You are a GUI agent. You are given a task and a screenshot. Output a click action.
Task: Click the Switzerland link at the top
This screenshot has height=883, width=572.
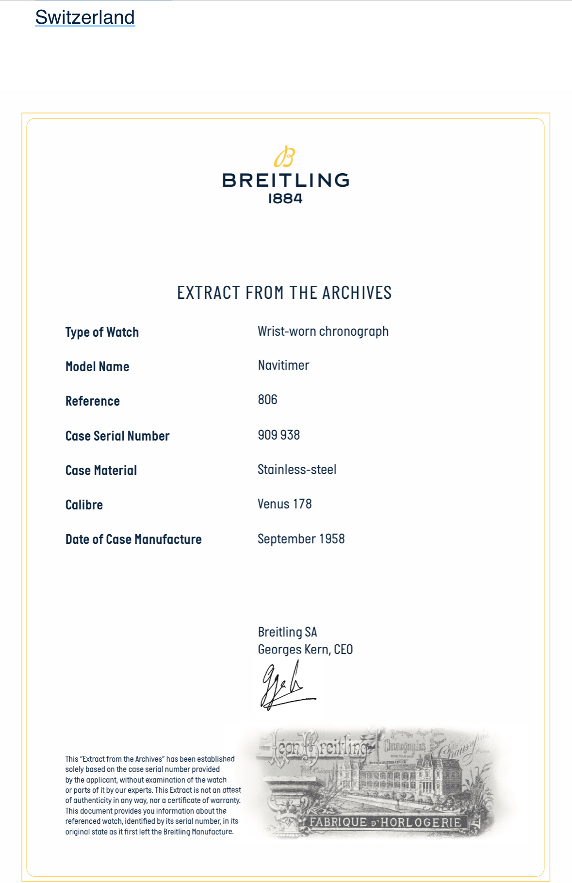tap(85, 17)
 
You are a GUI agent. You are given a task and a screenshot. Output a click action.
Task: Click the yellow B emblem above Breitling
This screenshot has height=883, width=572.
tap(285, 157)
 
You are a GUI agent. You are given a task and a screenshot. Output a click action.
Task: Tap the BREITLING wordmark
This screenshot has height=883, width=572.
tap(286, 180)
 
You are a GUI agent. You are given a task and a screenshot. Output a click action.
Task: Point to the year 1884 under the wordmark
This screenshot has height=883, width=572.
tap(285, 198)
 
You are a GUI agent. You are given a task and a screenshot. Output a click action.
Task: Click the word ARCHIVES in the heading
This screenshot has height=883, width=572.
tap(357, 293)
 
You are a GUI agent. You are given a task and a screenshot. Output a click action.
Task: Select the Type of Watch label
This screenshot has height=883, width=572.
tap(102, 332)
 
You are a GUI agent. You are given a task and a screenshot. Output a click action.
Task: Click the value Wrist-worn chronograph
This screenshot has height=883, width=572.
tap(323, 331)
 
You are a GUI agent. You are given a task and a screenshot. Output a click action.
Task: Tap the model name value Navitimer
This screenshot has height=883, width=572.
tap(283, 365)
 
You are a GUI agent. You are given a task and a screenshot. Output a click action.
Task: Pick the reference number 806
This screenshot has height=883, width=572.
tap(267, 400)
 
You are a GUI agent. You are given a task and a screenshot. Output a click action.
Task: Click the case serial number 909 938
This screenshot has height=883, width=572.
tap(278, 435)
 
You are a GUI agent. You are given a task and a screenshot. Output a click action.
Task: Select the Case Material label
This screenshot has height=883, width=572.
tap(101, 471)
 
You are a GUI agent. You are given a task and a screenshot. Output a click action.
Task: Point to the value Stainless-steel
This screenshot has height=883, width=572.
tap(297, 470)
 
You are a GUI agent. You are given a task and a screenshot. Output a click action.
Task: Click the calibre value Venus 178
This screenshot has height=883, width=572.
tap(284, 504)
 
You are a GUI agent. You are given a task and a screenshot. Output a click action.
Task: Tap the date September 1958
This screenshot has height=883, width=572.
tap(301, 539)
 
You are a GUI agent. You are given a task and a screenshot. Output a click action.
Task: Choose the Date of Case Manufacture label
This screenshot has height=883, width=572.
tap(133, 540)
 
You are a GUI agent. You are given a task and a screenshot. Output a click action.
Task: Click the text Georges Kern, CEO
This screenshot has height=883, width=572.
tap(305, 650)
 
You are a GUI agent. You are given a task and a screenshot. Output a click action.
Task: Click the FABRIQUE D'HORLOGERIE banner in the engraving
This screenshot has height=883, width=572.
tap(385, 822)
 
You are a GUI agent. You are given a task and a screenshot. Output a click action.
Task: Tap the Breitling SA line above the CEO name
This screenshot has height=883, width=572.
tap(287, 632)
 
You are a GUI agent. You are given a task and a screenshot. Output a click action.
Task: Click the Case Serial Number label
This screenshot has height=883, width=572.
tap(117, 436)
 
